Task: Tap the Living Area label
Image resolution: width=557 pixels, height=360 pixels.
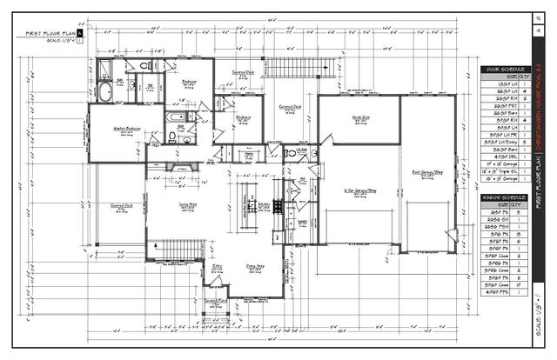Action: [186, 202]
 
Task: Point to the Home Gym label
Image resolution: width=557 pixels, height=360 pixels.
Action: [358, 118]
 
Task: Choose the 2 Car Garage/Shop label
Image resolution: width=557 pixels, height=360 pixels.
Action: [358, 189]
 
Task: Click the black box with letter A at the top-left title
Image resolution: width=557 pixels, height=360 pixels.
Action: [80, 32]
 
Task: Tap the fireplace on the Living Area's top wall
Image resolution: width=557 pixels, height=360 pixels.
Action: [182, 167]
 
